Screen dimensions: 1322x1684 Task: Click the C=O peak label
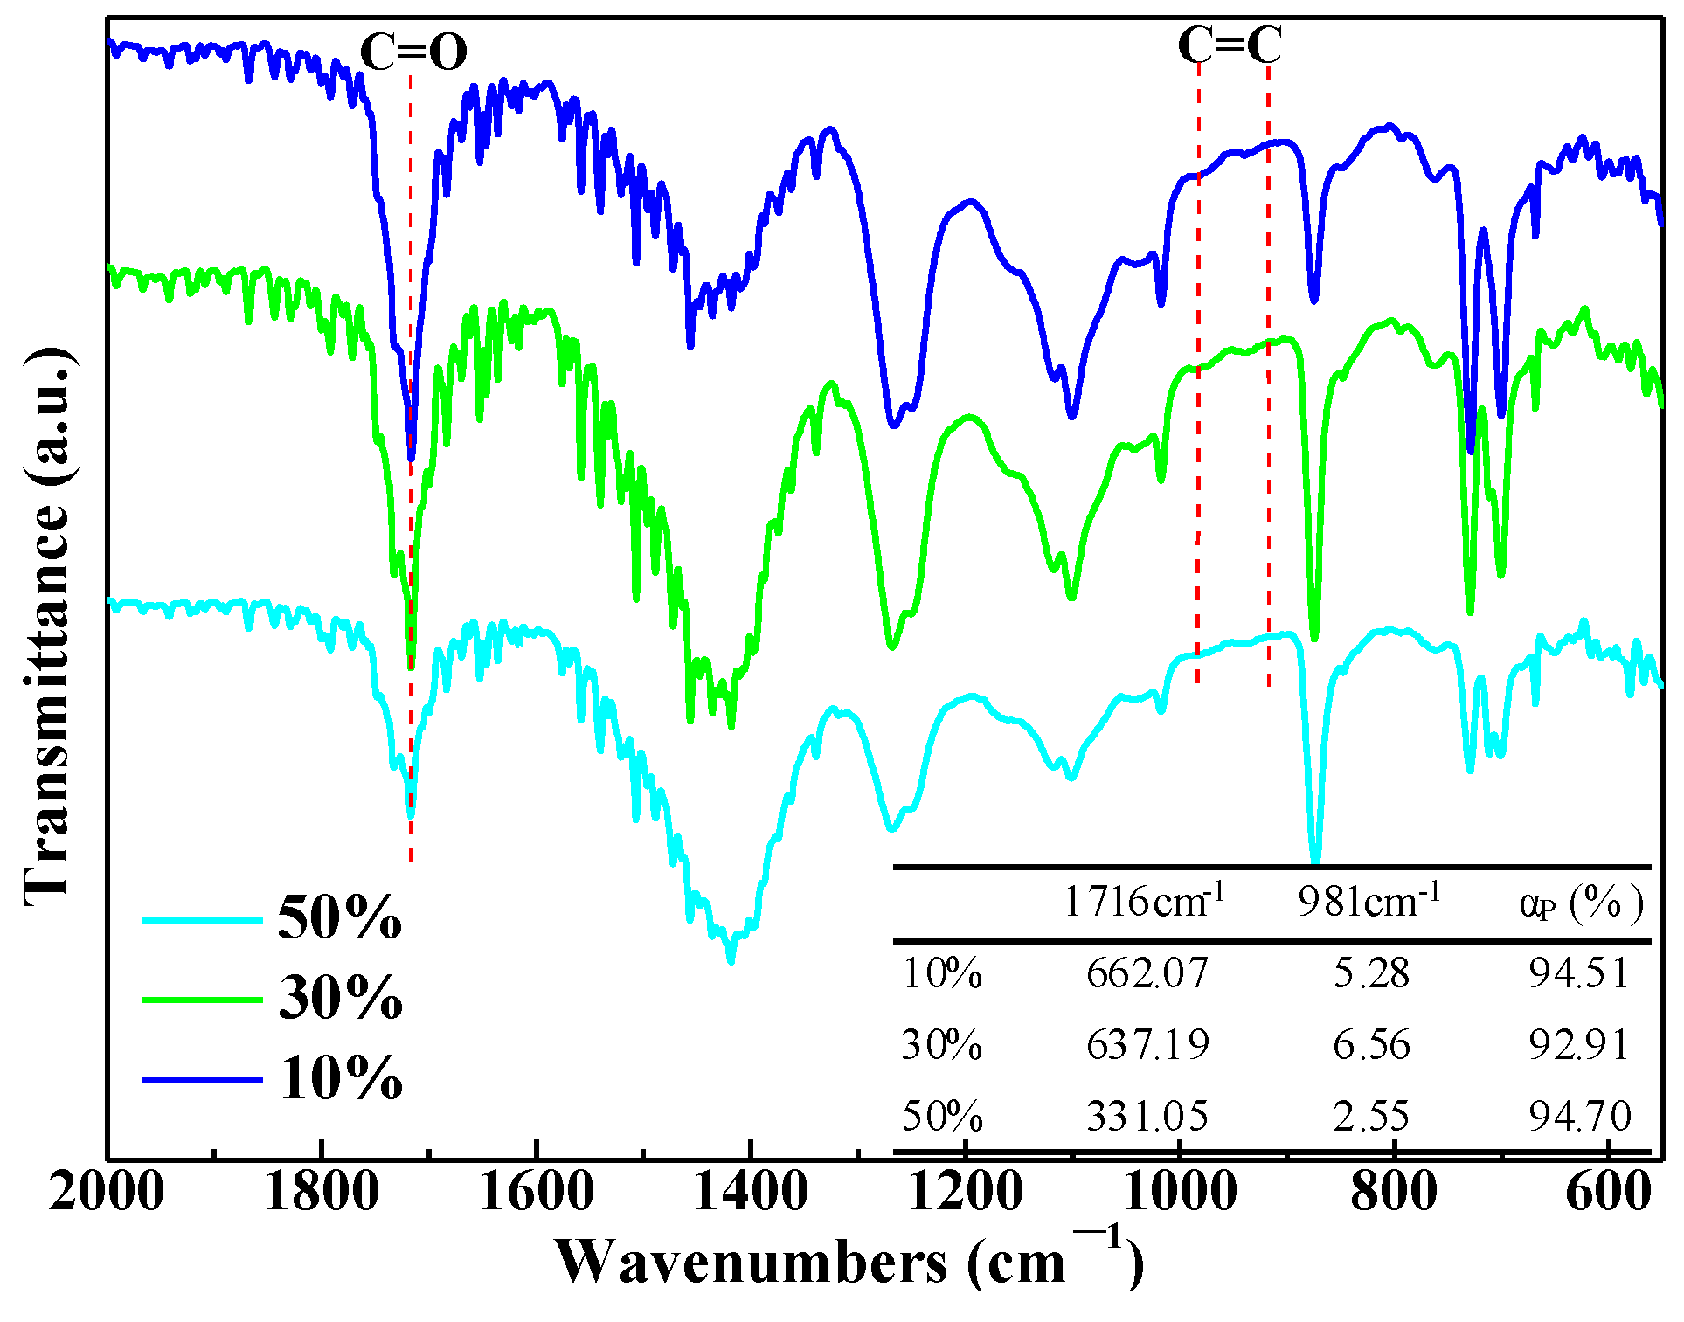pos(413,52)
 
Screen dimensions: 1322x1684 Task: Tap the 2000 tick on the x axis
pos(107,1191)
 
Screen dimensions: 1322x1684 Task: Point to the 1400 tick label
pos(751,1191)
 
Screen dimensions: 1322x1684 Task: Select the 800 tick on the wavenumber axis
pos(1394,1191)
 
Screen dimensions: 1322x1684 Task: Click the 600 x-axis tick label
pos(1608,1191)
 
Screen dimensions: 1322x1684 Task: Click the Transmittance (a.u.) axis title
pos(47,626)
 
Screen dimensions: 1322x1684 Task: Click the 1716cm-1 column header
pos(1143,901)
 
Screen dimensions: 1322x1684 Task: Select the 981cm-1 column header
pos(1369,901)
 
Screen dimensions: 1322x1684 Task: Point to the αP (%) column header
pos(1581,903)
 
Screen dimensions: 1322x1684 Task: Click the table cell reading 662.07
pos(1147,973)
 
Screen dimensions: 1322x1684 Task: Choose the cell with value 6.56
pos(1371,1045)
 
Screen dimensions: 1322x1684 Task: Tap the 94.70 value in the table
pos(1579,1117)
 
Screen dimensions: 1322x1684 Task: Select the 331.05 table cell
pos(1147,1117)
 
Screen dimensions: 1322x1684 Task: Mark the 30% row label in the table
pos(941,1045)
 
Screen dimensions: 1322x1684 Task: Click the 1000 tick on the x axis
pos(1180,1191)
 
